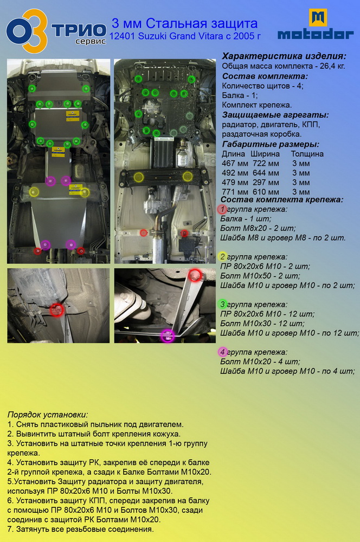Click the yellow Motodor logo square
[318, 18]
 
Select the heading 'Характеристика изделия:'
[284, 56]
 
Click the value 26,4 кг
[332, 66]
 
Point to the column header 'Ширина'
[265, 154]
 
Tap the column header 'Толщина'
[307, 154]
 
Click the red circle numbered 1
[222, 209]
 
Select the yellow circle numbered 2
[223, 256]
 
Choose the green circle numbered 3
[223, 304]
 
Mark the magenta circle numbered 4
[222, 352]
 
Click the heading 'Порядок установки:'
[48, 415]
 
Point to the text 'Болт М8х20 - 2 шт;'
[258, 228]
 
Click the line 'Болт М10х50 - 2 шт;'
[260, 276]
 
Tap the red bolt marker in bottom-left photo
[56, 310]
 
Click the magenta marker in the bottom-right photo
[168, 335]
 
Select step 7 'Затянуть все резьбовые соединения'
[80, 529]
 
